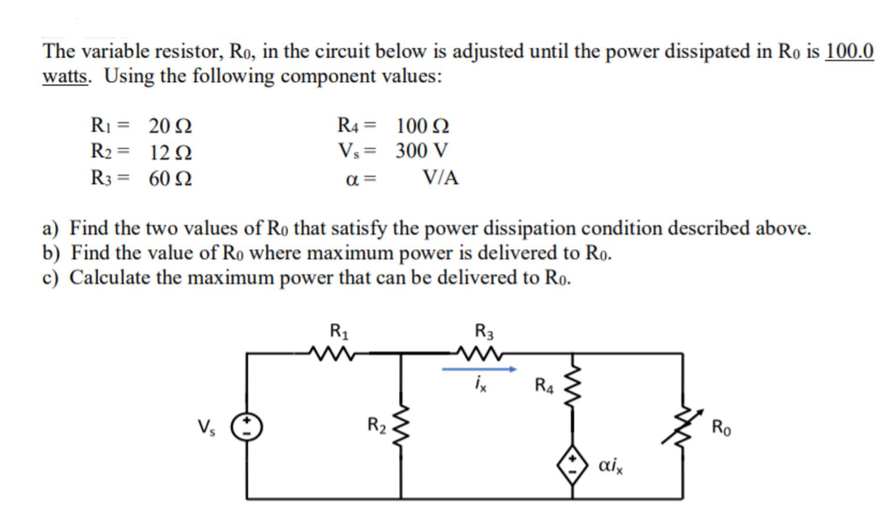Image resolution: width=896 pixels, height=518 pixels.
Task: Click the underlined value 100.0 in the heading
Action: (x=849, y=52)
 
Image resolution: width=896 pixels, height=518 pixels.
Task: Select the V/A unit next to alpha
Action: (x=440, y=179)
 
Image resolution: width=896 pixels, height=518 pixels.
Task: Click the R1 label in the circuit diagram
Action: (x=336, y=332)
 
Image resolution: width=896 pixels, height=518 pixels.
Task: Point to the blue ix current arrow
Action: (x=479, y=369)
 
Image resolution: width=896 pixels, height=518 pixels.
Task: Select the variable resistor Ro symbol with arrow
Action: (x=682, y=426)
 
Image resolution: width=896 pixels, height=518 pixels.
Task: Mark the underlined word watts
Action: (x=70, y=76)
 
